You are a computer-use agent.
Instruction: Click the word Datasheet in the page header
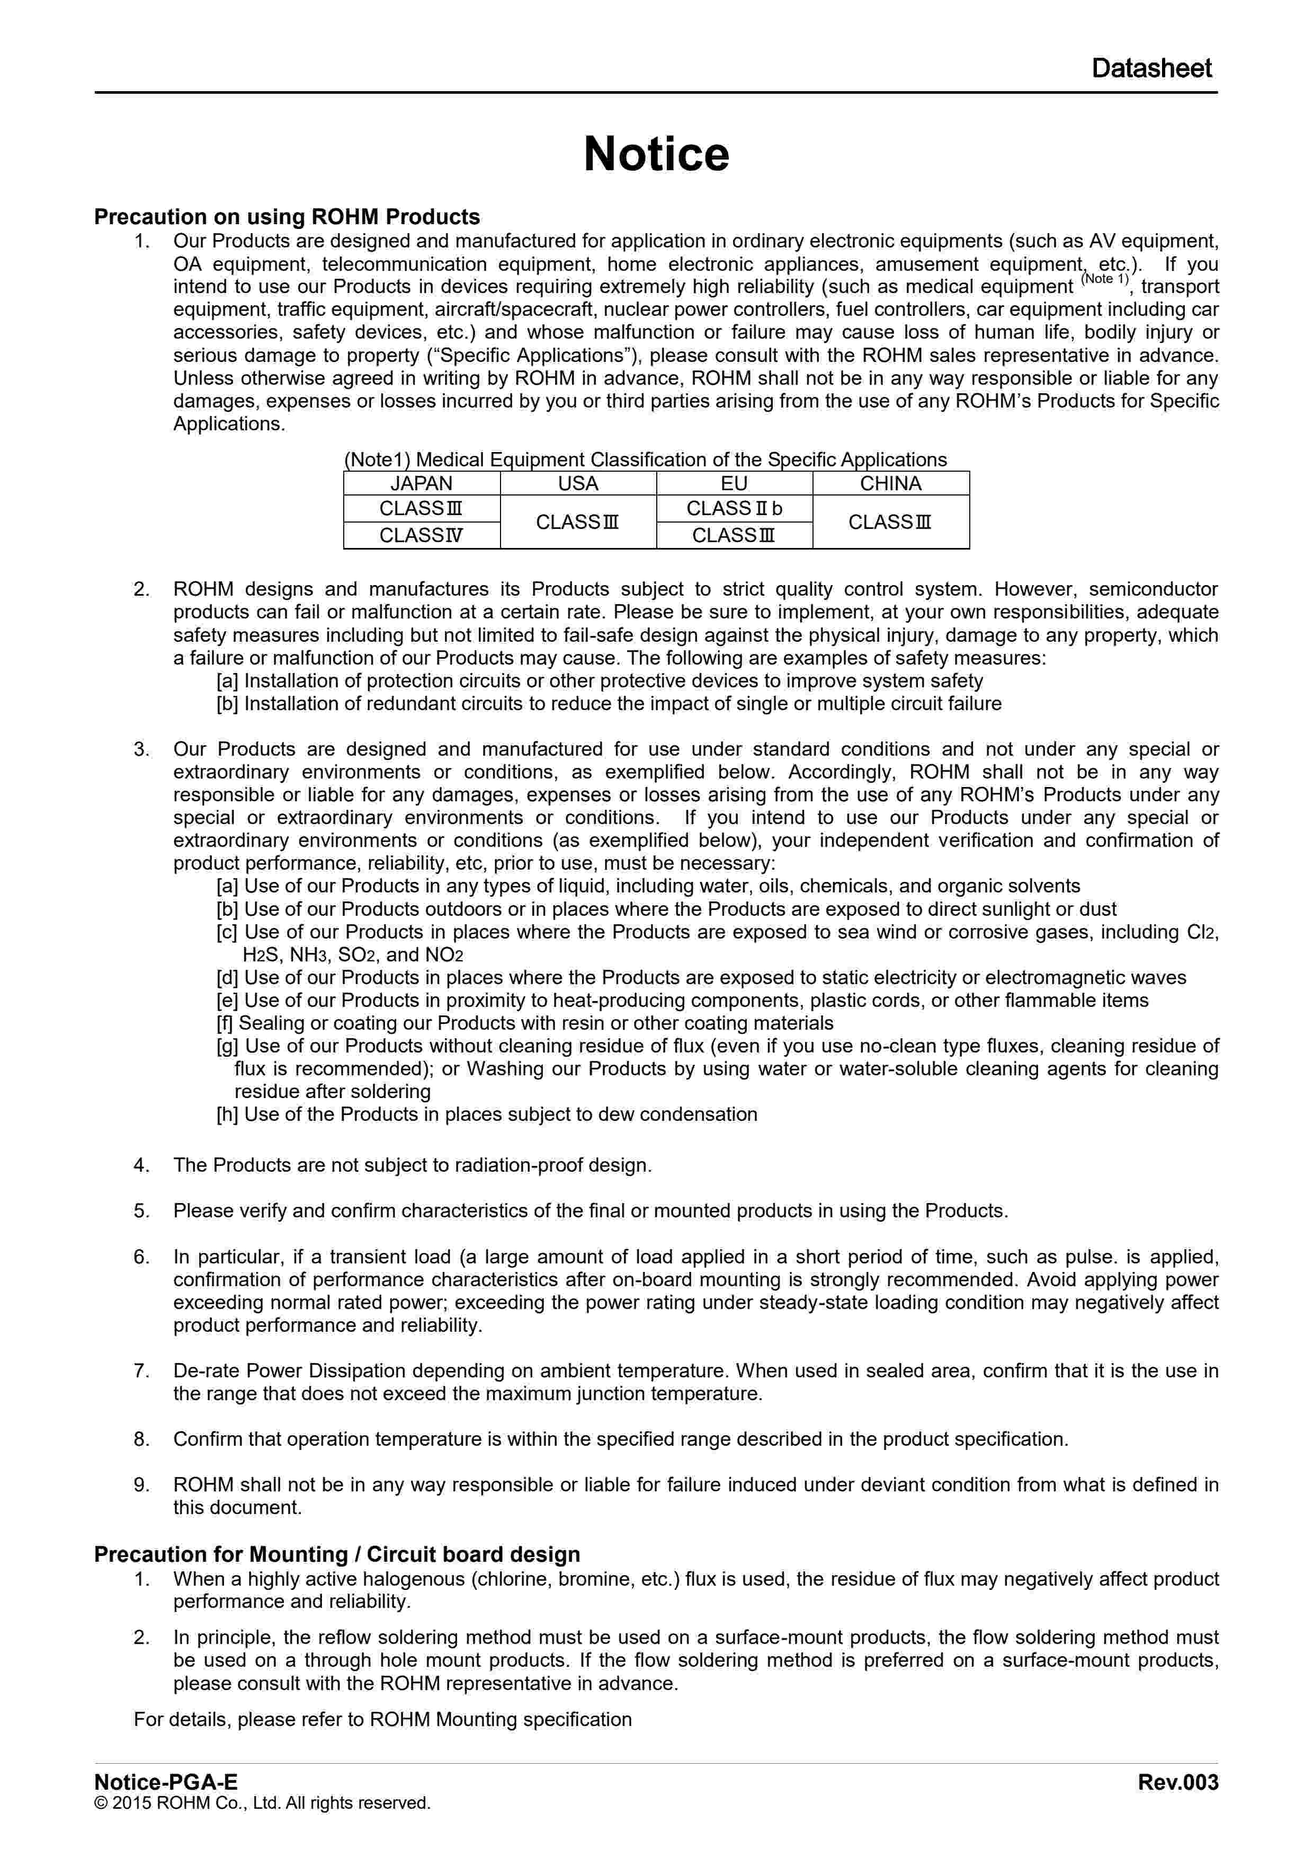point(1151,69)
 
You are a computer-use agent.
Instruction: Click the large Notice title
point(656,154)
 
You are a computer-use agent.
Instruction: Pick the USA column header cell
point(578,484)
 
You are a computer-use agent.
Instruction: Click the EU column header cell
point(734,484)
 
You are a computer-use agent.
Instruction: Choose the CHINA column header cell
point(890,484)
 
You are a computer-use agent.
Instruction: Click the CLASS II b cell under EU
point(734,509)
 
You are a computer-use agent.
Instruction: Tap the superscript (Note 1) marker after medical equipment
point(1104,279)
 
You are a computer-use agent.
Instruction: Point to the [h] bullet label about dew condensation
point(227,1115)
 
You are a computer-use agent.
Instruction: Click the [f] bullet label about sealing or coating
point(225,1023)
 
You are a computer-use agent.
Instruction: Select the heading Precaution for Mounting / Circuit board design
point(337,1554)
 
